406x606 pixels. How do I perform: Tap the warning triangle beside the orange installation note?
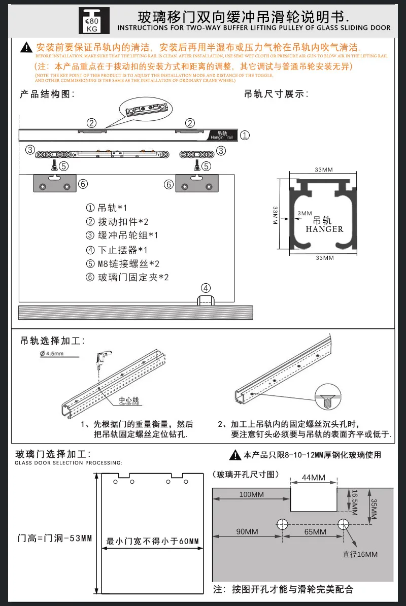click(x=26, y=48)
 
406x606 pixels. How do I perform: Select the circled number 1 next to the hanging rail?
click(x=245, y=136)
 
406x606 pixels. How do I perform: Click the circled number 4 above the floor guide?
click(x=205, y=288)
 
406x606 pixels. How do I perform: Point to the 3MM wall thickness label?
click(x=305, y=213)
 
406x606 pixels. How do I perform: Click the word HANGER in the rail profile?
click(x=324, y=229)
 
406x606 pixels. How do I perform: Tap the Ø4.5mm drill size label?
click(x=51, y=354)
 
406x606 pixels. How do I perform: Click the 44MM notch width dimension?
click(x=313, y=478)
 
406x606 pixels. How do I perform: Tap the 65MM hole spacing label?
click(x=316, y=531)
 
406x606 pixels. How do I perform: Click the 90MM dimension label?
click(x=247, y=531)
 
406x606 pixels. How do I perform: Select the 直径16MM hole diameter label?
click(x=360, y=554)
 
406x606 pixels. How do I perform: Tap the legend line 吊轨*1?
click(x=107, y=208)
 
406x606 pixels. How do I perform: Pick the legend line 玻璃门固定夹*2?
click(x=127, y=277)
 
